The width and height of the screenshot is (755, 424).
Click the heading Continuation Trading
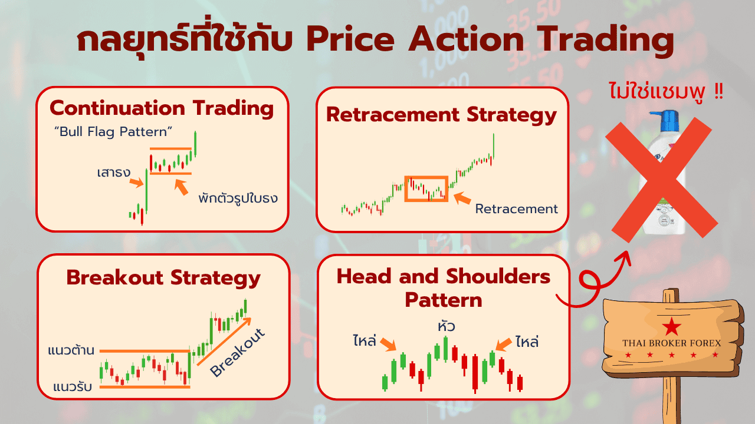[162, 109]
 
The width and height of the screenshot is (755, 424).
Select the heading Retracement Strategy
[441, 115]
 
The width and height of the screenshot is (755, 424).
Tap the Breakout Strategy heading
[163, 279]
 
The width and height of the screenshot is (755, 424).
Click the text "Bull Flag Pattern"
[113, 132]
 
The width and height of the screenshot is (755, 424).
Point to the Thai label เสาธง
[114, 173]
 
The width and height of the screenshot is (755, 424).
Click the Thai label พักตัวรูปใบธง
[238, 198]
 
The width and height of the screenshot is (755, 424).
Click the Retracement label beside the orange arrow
[516, 209]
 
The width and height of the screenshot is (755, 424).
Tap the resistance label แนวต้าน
[71, 350]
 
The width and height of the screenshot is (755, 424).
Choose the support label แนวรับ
[73, 387]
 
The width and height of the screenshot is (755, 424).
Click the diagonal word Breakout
[238, 352]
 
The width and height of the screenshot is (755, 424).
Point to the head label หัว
[447, 326]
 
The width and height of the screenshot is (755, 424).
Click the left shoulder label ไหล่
[365, 340]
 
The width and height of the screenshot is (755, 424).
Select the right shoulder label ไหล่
[527, 342]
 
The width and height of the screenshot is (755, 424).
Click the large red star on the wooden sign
[671, 326]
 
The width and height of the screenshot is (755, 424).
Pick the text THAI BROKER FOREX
[671, 343]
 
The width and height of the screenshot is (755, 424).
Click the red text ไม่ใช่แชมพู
[657, 92]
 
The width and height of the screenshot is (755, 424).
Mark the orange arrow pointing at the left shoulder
[388, 344]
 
